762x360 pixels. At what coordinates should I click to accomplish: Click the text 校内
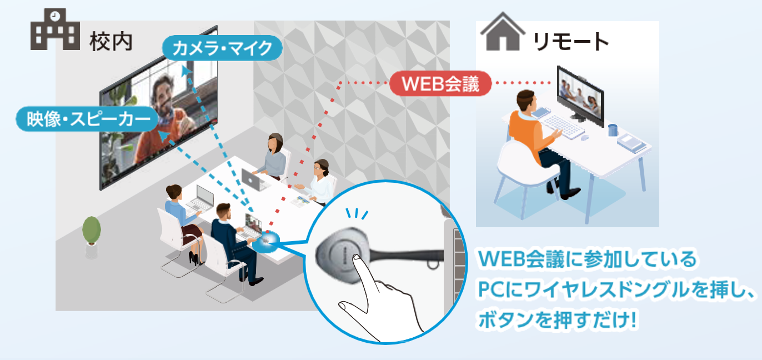[x=111, y=42]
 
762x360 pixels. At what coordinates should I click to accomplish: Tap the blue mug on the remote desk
[x=613, y=130]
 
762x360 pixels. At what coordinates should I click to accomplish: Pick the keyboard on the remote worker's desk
[x=561, y=124]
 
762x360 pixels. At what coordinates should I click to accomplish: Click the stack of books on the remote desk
[x=632, y=143]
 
